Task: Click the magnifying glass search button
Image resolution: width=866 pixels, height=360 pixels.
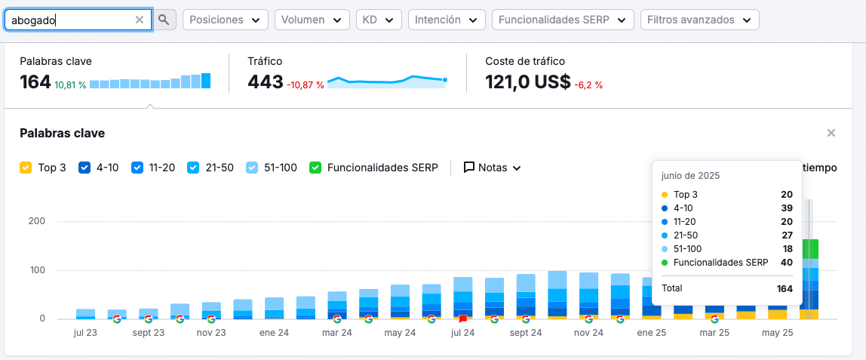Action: (x=164, y=20)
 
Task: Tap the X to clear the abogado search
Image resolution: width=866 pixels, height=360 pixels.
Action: (x=139, y=20)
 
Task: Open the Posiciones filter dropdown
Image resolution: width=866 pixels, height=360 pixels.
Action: (x=226, y=20)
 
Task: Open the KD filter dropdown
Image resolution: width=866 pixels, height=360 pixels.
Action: (x=379, y=20)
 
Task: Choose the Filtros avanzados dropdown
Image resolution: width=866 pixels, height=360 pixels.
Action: (x=699, y=20)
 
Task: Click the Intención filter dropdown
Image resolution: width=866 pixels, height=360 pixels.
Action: (x=447, y=20)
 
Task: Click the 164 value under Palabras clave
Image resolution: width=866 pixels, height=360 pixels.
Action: (x=35, y=82)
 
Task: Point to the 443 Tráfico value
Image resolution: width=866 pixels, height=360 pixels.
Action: (x=265, y=82)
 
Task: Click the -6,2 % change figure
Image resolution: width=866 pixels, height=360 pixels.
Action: (x=588, y=85)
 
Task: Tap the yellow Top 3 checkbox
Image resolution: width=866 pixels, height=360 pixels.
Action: (x=26, y=168)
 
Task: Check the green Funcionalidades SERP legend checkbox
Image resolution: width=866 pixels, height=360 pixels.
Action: (x=315, y=168)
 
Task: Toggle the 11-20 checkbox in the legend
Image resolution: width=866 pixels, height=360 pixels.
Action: (x=137, y=168)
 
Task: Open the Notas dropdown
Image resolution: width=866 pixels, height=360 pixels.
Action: (x=493, y=168)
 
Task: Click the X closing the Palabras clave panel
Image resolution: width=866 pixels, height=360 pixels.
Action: (x=831, y=133)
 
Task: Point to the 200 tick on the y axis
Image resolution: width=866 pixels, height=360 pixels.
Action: (x=36, y=221)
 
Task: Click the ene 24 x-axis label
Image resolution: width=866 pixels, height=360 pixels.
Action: (x=275, y=334)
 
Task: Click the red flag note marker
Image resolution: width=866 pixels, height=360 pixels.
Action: (x=463, y=319)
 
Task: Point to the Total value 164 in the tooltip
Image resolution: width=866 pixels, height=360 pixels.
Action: (x=785, y=288)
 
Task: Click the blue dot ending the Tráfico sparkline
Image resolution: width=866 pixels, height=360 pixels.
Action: (x=444, y=80)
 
